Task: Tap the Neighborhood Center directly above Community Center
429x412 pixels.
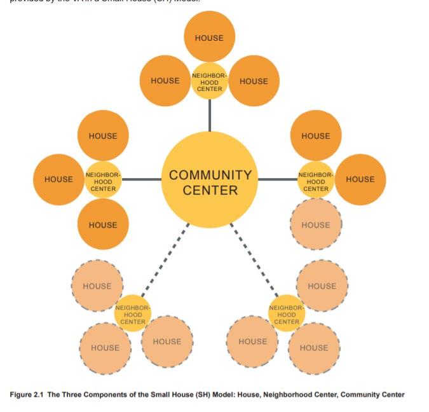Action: (x=209, y=81)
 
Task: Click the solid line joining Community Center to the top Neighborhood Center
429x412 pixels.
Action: (x=209, y=114)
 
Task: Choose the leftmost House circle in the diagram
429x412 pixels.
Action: (x=58, y=179)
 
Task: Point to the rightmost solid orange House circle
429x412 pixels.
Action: (x=360, y=179)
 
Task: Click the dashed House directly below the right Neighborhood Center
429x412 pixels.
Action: (x=316, y=224)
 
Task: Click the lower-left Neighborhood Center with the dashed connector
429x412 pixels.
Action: (x=133, y=313)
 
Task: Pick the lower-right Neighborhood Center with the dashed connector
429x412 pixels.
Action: (x=287, y=313)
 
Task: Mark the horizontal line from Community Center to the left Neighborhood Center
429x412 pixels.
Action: (x=141, y=179)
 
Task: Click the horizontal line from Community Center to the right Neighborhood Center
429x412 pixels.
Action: (x=277, y=179)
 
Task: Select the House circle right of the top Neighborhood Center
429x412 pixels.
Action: (x=254, y=81)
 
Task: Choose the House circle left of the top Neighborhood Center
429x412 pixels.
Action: (x=165, y=81)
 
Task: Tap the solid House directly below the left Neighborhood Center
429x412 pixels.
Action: (x=103, y=224)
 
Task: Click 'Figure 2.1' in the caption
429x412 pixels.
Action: (x=27, y=395)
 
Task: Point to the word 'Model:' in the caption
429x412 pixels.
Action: (x=228, y=395)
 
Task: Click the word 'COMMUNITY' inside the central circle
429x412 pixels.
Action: (x=210, y=174)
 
